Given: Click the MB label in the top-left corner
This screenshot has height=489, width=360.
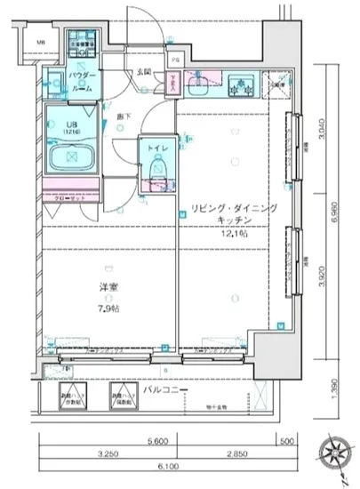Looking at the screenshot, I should pyautogui.click(x=40, y=42).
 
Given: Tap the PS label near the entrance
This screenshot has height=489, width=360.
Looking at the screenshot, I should pyautogui.click(x=174, y=61).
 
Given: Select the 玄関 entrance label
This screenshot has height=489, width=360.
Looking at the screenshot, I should pyautogui.click(x=145, y=70).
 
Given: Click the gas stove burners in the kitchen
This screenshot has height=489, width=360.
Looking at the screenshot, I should pyautogui.click(x=240, y=86).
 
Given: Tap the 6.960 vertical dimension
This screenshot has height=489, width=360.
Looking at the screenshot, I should pyautogui.click(x=333, y=216).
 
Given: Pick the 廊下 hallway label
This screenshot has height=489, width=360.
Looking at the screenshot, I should pyautogui.click(x=127, y=115).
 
